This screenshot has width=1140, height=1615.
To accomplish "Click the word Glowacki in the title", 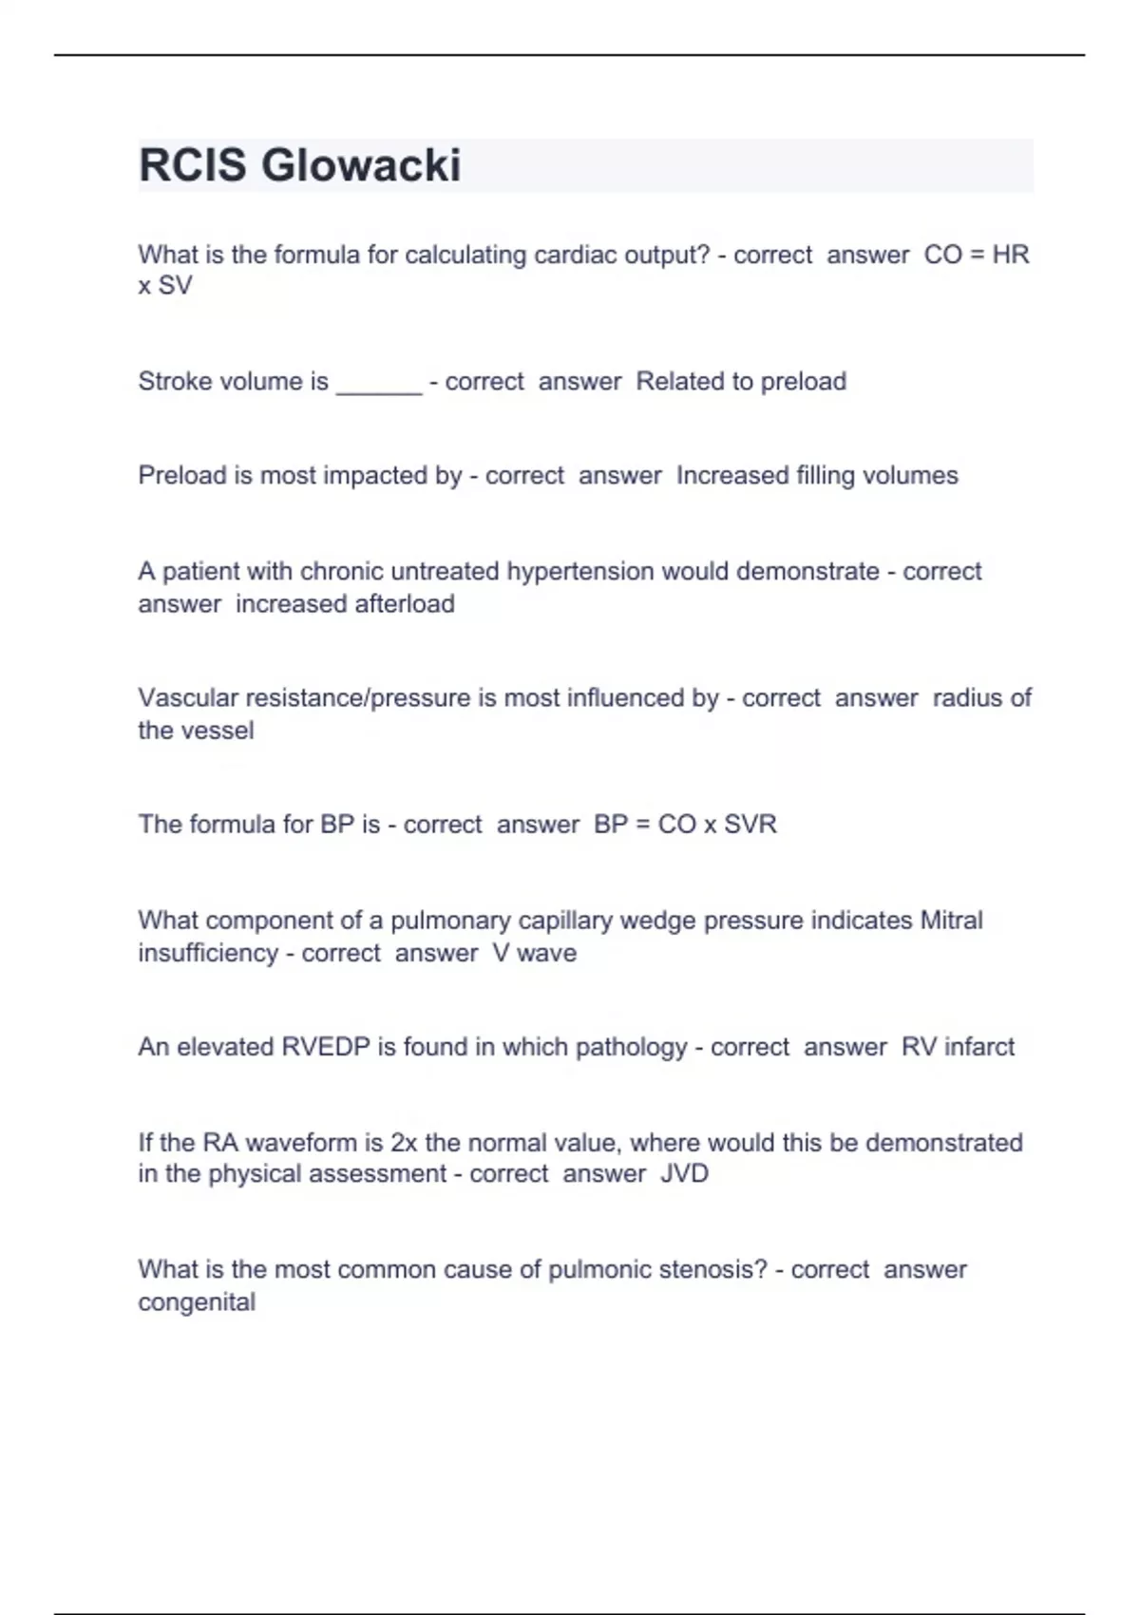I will [361, 165].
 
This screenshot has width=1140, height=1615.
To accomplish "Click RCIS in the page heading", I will [193, 165].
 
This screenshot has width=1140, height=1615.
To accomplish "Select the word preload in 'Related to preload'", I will [804, 382].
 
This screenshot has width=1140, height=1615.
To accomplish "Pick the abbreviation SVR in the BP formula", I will [750, 825].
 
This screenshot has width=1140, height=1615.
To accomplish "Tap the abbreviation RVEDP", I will [326, 1047].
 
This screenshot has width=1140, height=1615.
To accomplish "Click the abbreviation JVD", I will [685, 1174].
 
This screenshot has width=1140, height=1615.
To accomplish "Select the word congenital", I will [197, 1302].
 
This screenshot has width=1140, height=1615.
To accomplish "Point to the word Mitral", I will [951, 921].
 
